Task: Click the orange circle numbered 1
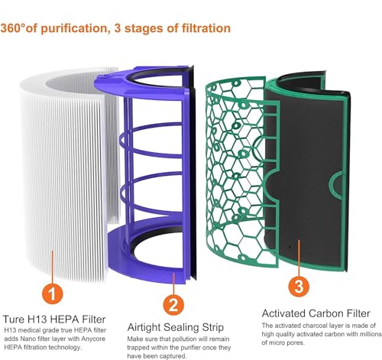pos(52,294)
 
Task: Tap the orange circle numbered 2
pos(173,305)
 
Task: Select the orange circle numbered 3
pos(299,287)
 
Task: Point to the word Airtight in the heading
pos(144,327)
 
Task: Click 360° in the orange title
pos(13,28)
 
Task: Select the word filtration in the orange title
pos(206,28)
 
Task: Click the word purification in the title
pos(74,28)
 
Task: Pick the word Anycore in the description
pos(93,339)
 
